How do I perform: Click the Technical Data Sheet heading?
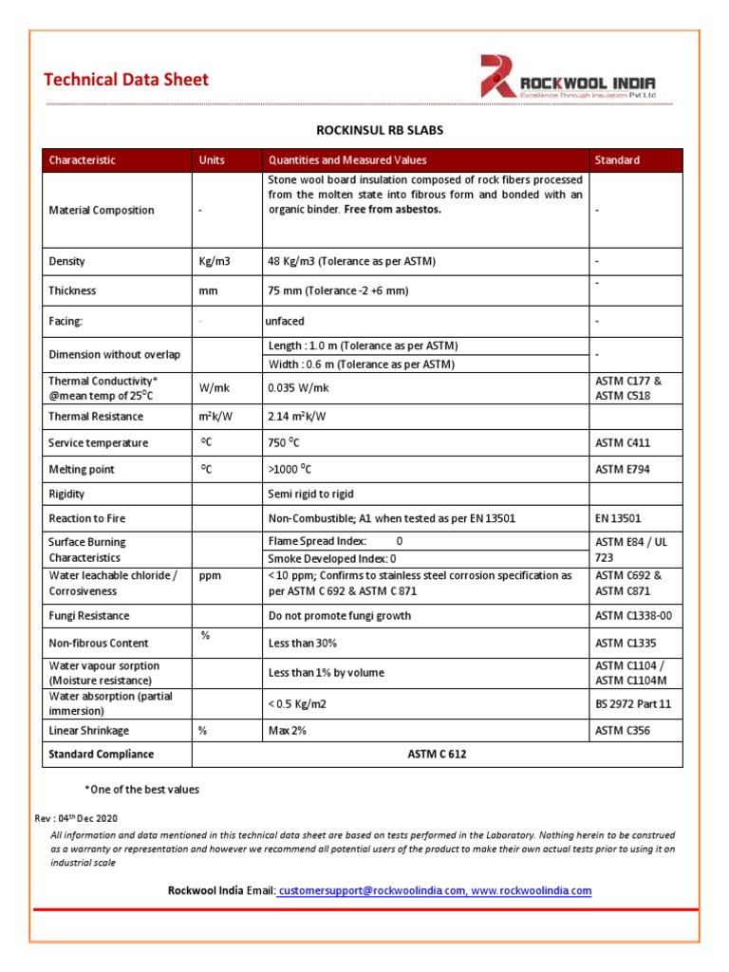[x=125, y=80]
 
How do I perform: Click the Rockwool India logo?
[x=568, y=78]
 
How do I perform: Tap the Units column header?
[x=212, y=160]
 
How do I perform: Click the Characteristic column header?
[x=83, y=160]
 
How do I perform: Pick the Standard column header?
[x=617, y=160]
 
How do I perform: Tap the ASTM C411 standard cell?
[x=623, y=442]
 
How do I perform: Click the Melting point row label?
[x=83, y=469]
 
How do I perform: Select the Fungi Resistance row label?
[x=90, y=616]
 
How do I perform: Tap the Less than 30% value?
[x=303, y=643]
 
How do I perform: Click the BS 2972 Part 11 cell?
[x=633, y=703]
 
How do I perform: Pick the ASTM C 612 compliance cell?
[x=437, y=754]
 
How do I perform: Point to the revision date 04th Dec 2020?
[x=90, y=817]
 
